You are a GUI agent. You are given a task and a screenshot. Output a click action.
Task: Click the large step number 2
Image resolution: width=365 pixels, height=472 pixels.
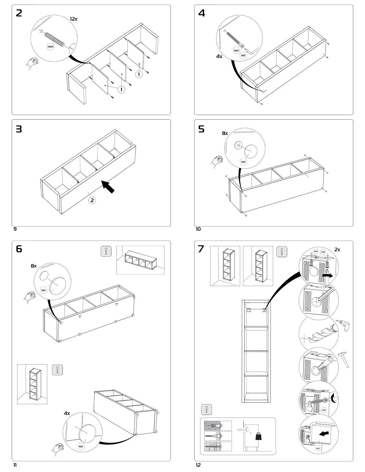[x=19, y=13]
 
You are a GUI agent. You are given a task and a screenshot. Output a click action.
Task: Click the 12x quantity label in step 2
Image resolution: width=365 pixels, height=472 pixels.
[x=74, y=19]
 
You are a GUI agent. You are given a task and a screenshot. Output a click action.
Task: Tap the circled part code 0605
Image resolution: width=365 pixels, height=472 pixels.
[x=50, y=46]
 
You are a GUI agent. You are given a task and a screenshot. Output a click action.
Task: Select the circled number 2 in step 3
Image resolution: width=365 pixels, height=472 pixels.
[x=92, y=200]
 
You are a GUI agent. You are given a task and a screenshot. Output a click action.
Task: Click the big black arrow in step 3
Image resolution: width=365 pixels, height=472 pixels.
[x=108, y=187]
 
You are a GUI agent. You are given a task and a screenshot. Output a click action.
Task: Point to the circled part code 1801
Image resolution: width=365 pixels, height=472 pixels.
[x=243, y=55]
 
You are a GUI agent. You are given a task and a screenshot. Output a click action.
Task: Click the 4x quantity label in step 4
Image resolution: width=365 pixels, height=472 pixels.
[x=219, y=56]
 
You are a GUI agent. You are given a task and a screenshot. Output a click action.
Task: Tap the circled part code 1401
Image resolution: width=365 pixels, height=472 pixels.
[x=243, y=162]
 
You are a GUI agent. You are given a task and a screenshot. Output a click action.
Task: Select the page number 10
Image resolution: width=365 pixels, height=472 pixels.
[x=198, y=229]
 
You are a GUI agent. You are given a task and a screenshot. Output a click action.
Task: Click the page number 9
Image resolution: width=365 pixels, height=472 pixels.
[x=15, y=229]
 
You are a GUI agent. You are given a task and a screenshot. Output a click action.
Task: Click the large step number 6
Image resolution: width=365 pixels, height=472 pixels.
[x=19, y=249]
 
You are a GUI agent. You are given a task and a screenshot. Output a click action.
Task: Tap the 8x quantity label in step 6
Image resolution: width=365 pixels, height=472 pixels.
[x=34, y=266]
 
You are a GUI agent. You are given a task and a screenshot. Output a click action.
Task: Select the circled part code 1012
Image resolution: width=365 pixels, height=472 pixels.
[x=318, y=448]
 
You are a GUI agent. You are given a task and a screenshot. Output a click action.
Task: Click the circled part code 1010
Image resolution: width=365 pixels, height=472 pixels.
[x=324, y=410]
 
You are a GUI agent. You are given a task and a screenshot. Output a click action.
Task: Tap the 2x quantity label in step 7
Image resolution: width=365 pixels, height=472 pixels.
[x=337, y=249]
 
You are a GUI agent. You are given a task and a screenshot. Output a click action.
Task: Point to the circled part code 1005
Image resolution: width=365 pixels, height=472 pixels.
[x=315, y=251]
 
